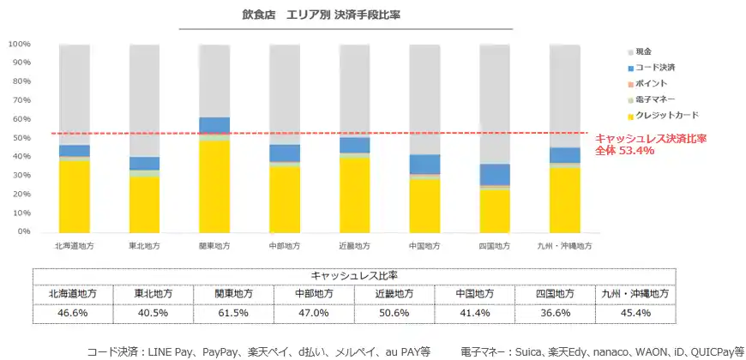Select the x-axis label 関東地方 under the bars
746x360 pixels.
214,246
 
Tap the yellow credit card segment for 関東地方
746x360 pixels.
214,185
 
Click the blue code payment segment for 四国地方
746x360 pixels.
494,175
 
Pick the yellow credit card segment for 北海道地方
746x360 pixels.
75,195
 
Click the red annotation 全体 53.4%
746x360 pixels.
624,151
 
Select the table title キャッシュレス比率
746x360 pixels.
351,275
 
